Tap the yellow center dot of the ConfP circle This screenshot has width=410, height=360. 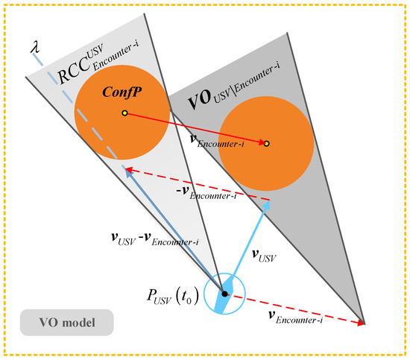tap(124, 113)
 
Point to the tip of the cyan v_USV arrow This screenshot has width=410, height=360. tap(268, 201)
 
